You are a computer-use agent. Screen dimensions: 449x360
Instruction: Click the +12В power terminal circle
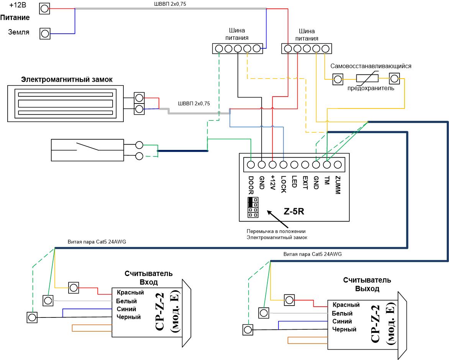(x=44, y=8)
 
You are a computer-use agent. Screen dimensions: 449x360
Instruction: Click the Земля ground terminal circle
(x=45, y=33)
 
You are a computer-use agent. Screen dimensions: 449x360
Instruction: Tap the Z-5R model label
(x=294, y=212)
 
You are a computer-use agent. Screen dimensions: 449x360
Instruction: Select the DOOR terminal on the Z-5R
(x=251, y=165)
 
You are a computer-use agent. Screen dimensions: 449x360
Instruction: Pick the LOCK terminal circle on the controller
(x=283, y=165)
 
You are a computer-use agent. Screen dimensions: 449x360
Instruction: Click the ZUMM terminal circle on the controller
(x=338, y=165)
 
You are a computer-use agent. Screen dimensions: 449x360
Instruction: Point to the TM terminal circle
(x=327, y=165)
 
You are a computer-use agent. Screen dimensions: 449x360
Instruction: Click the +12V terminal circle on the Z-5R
(x=273, y=165)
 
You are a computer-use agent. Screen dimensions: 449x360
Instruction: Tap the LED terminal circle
(x=294, y=165)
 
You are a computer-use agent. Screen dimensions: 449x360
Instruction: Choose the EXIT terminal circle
(x=305, y=165)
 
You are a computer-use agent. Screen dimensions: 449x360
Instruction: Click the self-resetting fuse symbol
(x=367, y=78)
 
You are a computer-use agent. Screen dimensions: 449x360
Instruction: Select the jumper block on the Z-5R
(x=253, y=207)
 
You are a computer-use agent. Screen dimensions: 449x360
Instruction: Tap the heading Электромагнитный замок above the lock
(x=67, y=79)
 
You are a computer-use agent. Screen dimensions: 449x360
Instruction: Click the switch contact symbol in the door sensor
(x=87, y=146)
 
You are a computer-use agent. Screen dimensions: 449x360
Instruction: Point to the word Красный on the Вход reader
(x=130, y=293)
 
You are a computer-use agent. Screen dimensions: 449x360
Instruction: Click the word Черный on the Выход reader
(x=344, y=329)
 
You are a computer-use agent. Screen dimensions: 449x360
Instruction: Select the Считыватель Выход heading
(x=367, y=284)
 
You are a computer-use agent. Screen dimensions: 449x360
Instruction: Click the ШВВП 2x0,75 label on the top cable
(x=170, y=4)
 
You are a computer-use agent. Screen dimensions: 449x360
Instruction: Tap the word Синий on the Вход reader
(x=126, y=309)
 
